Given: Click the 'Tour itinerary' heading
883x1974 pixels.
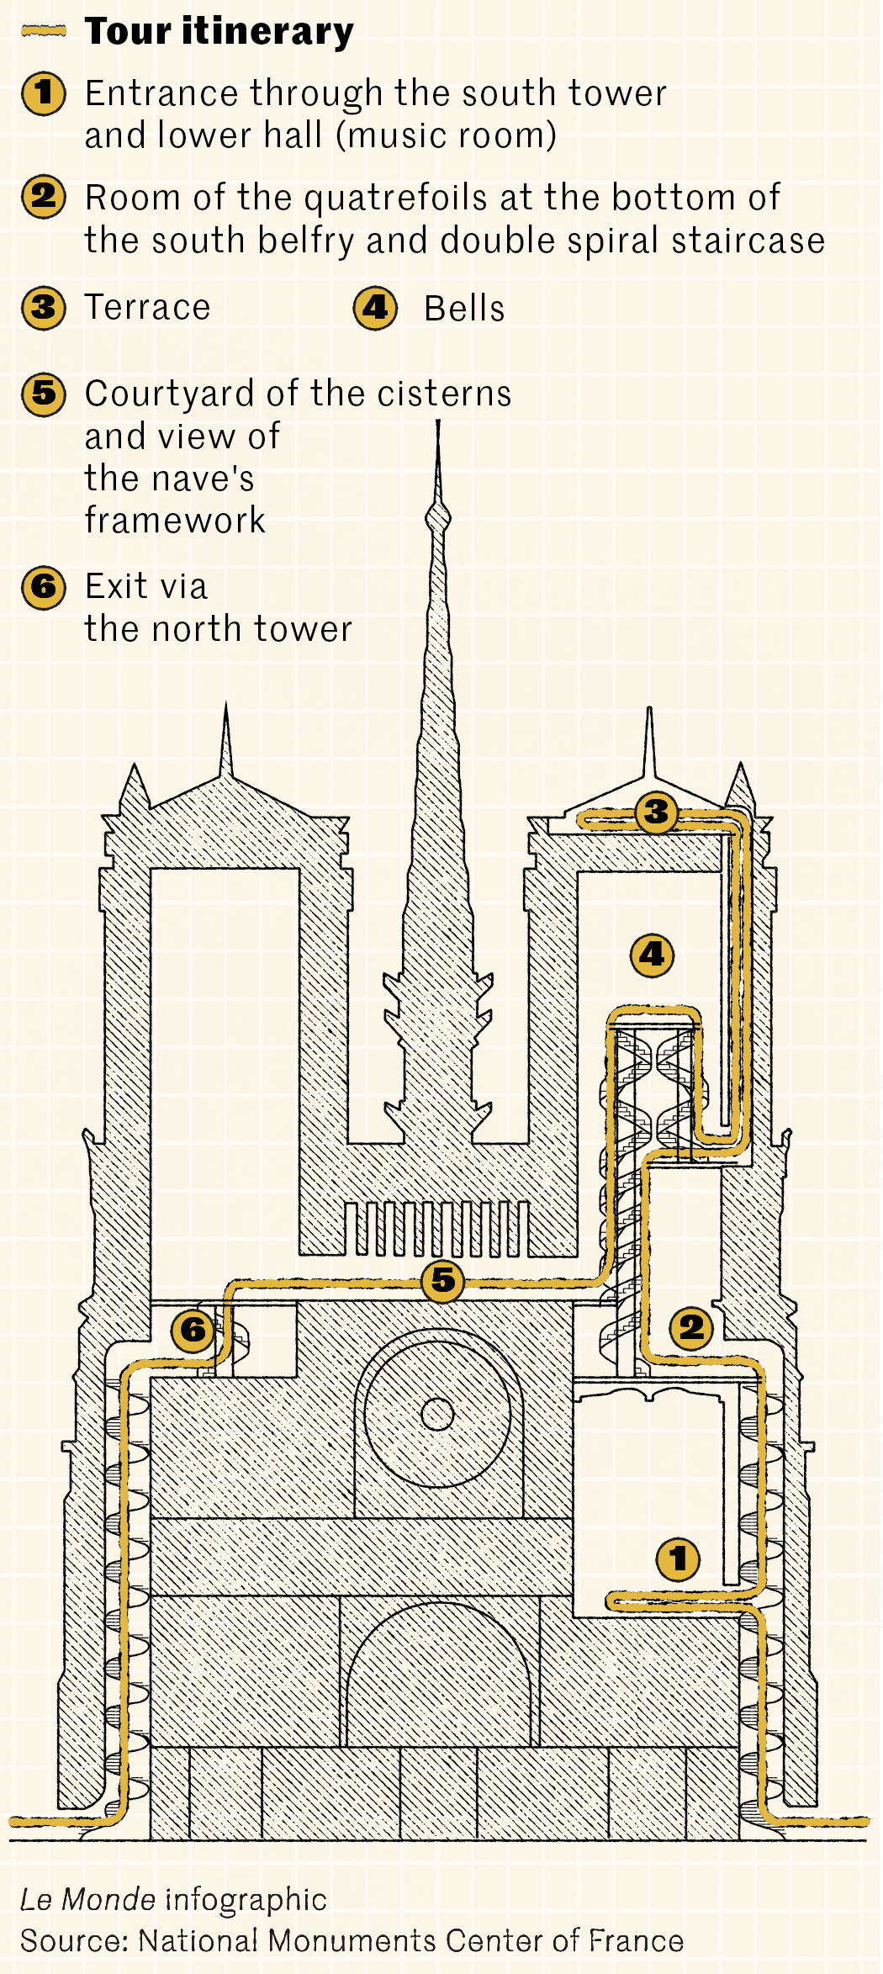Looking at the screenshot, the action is tap(219, 32).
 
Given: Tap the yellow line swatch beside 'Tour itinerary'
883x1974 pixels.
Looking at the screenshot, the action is tap(44, 31).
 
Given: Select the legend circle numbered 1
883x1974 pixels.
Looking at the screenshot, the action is tap(44, 93).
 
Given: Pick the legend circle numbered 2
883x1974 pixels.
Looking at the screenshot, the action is tap(44, 197).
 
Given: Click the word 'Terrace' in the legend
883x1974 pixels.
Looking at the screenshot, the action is tap(147, 308).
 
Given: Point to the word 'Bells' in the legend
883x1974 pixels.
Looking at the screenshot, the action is tap(464, 309).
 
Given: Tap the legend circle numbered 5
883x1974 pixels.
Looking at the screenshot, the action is tap(44, 393).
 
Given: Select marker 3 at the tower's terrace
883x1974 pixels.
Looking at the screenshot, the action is tap(656, 812).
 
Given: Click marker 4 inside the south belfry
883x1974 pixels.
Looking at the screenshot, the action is tap(653, 955).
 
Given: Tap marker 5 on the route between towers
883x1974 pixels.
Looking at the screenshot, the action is tap(443, 1280).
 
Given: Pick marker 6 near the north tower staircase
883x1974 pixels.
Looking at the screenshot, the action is tap(193, 1330).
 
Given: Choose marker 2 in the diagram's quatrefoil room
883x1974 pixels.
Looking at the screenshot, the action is tap(691, 1327).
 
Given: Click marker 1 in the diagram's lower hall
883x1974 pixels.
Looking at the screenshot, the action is tap(678, 1559).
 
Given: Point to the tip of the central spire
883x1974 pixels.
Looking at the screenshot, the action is tap(438, 423).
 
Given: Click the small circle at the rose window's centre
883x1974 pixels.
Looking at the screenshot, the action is tap(437, 1414).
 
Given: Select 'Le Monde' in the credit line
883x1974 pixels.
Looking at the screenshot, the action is tap(87, 1899).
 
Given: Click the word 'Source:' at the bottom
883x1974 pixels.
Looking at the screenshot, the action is tap(74, 1940).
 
